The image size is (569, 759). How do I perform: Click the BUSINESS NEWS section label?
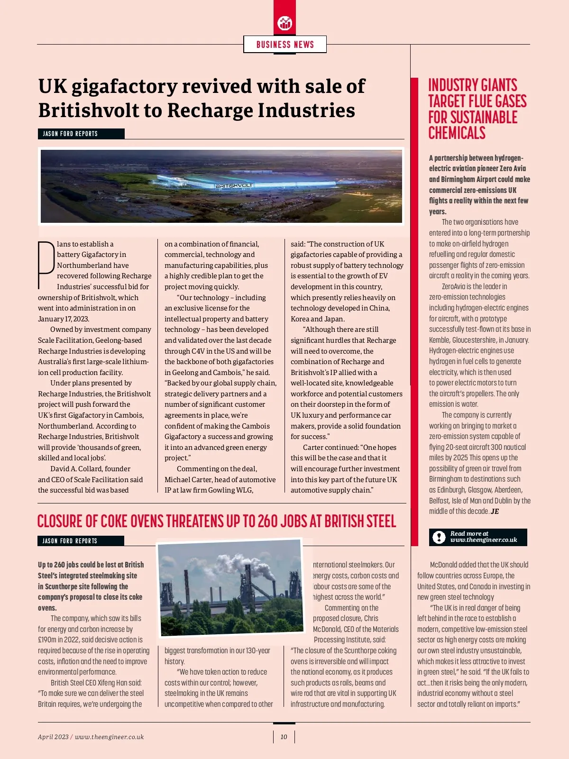(285, 45)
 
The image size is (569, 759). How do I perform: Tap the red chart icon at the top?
(284, 22)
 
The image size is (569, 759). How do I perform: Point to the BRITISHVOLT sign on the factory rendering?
(234, 185)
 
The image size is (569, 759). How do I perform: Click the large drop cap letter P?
(46, 265)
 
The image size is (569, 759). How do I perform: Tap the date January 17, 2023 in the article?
(63, 319)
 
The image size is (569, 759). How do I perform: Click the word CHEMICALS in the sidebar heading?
(457, 133)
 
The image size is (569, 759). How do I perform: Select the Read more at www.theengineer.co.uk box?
(477, 537)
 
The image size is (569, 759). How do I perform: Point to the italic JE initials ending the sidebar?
(495, 512)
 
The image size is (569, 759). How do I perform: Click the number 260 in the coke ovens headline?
(268, 521)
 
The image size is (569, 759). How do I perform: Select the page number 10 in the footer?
(284, 737)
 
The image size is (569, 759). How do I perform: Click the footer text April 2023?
(53, 737)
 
